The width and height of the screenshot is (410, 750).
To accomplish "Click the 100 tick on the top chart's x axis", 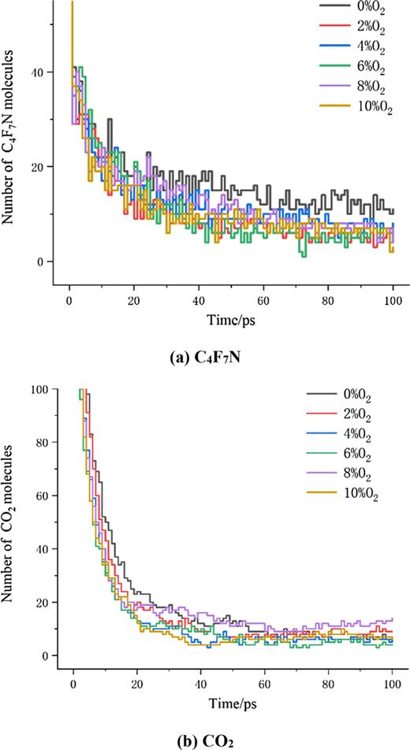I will click(x=393, y=299).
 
